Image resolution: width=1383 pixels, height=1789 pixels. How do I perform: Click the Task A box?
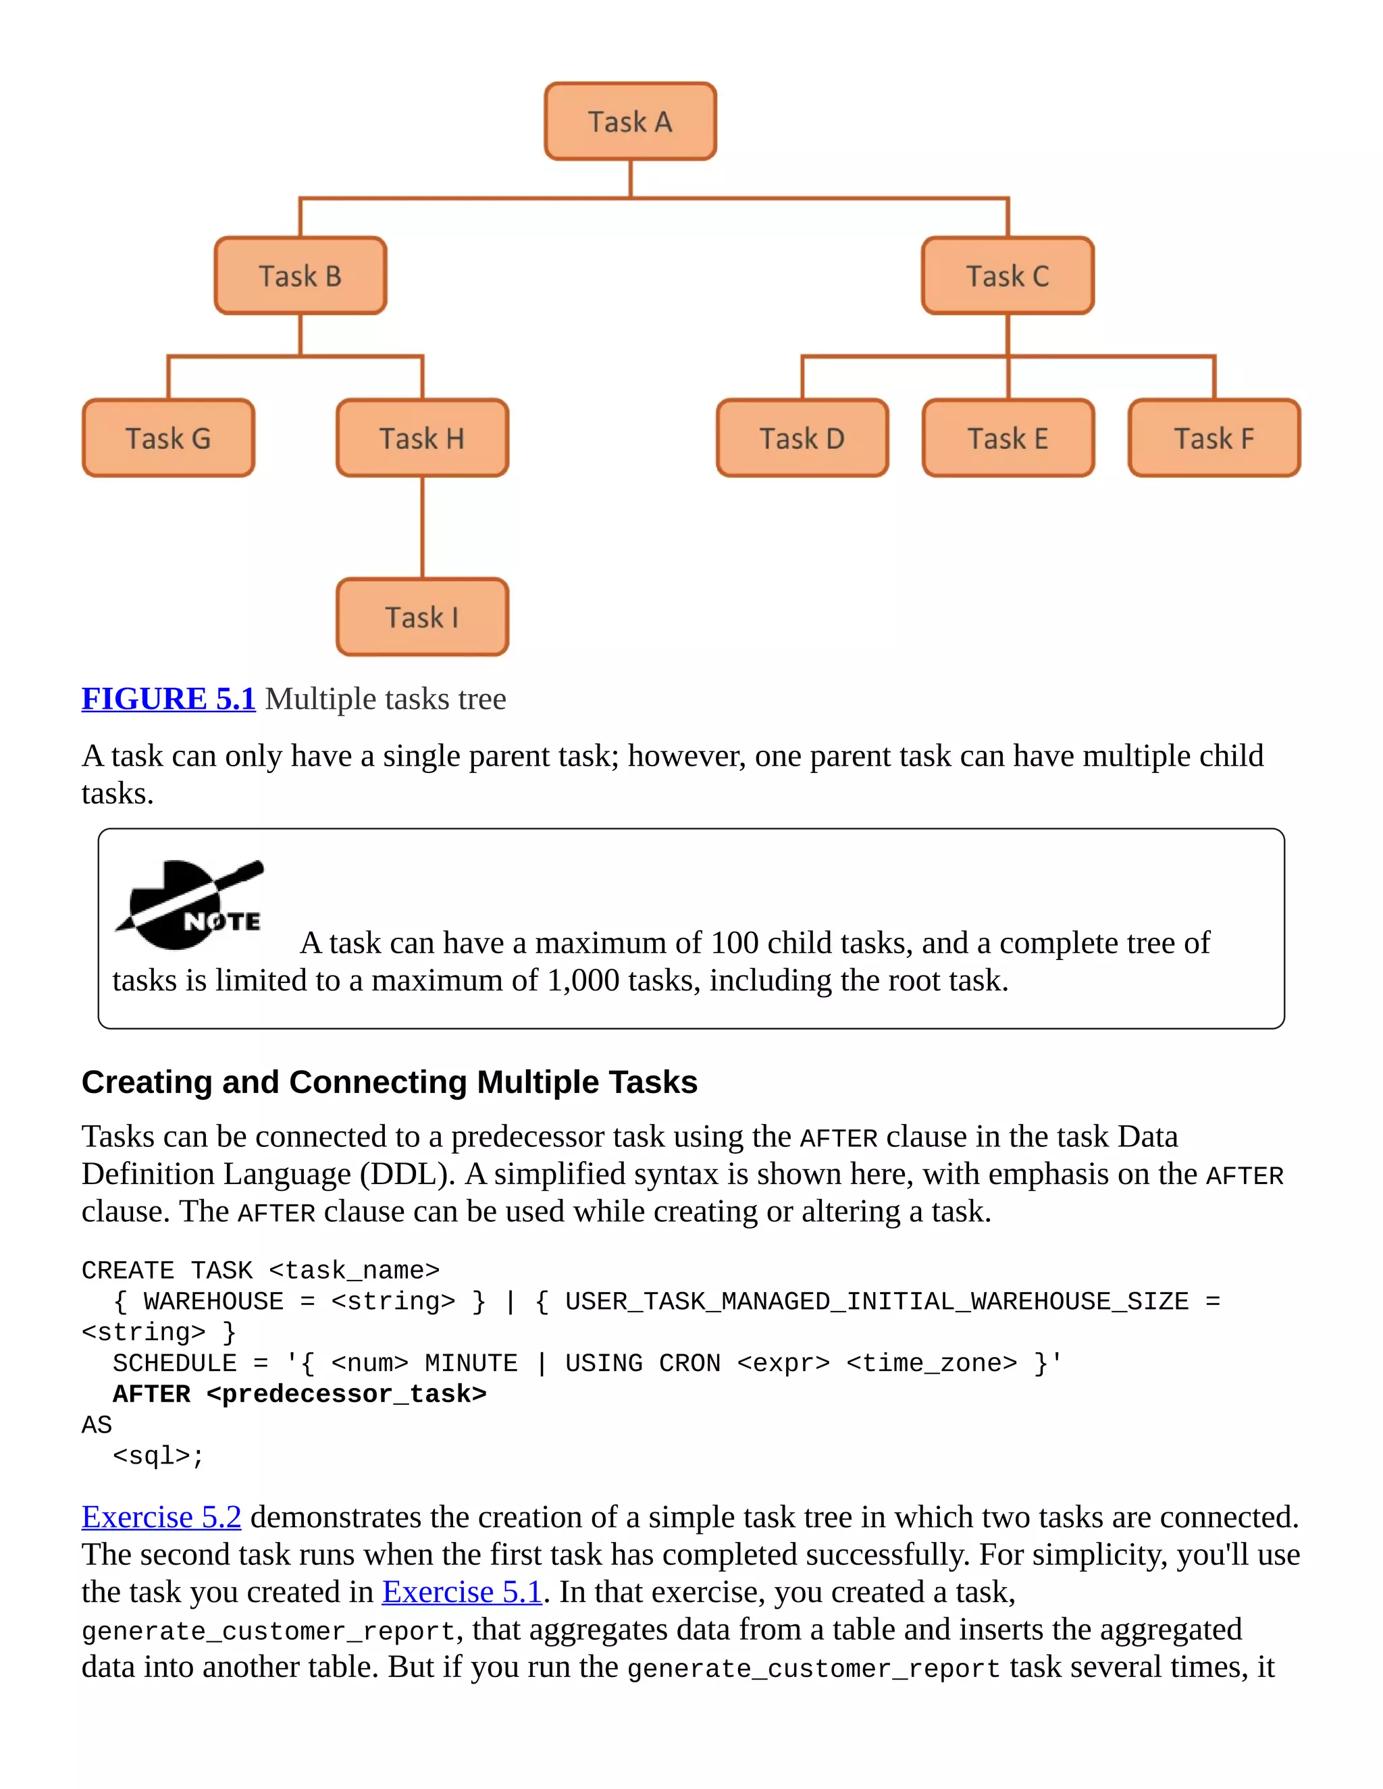(x=630, y=122)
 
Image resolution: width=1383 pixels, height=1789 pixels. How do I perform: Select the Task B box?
(x=300, y=276)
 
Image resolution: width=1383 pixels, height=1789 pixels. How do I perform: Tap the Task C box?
(x=1007, y=276)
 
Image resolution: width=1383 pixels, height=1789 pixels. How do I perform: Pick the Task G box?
(x=168, y=438)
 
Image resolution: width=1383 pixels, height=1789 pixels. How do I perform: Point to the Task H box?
(x=422, y=438)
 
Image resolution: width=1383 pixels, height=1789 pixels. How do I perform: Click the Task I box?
(x=422, y=617)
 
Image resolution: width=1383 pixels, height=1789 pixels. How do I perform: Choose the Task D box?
(x=802, y=438)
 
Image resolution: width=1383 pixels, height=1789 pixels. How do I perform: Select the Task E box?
(x=1008, y=438)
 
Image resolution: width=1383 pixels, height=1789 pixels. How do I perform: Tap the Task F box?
(x=1214, y=438)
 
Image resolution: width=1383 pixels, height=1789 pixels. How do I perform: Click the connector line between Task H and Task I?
(x=422, y=527)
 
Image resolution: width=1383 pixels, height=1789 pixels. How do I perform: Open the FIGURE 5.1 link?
(x=169, y=699)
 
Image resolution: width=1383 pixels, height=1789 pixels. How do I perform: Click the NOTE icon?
(x=190, y=905)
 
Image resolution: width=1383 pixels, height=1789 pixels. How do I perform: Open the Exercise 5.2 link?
(x=161, y=1517)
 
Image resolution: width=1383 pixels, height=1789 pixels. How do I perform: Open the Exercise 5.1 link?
(x=462, y=1592)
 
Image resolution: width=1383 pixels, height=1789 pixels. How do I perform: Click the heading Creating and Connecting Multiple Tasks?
(x=389, y=1082)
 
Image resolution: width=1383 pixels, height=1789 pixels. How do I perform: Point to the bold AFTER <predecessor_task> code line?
(x=299, y=1394)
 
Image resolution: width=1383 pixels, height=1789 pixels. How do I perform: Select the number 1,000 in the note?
(x=583, y=980)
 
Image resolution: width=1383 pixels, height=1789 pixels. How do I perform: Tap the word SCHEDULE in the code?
(x=174, y=1363)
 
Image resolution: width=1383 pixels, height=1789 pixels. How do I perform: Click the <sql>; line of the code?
(x=158, y=1456)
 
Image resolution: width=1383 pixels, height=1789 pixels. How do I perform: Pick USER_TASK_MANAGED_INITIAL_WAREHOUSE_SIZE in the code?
(x=877, y=1302)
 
